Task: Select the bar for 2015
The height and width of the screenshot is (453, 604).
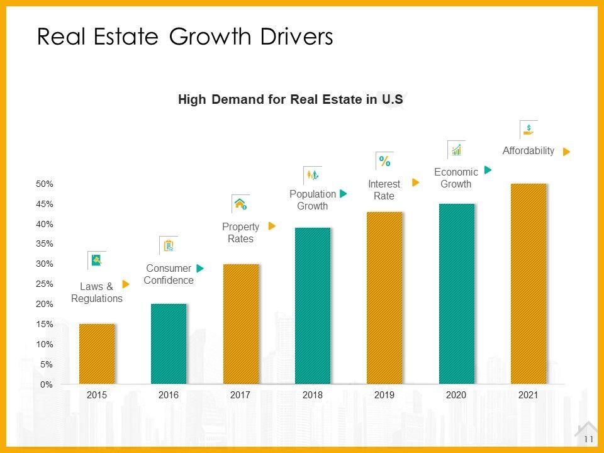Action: [97, 354]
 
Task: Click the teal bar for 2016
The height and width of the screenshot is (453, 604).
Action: [169, 344]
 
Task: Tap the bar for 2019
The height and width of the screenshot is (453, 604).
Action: [384, 298]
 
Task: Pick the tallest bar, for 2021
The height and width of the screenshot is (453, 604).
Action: [528, 283]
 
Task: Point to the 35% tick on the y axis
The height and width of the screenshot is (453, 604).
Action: [45, 244]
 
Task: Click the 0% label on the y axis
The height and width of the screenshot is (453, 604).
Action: [47, 384]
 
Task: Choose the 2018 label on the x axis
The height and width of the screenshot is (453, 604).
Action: [313, 395]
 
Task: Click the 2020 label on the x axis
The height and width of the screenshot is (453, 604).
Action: [456, 395]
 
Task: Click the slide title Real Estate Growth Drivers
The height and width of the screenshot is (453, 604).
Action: [185, 38]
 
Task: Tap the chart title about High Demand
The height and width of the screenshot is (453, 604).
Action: [290, 99]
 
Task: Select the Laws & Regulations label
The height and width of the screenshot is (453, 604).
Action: [97, 293]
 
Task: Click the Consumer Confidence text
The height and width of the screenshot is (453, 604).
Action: [169, 274]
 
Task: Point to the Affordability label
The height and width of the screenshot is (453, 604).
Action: [528, 151]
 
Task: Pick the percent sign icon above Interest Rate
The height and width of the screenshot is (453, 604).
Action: [384, 161]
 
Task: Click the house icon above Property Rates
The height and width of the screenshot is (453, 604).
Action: [240, 203]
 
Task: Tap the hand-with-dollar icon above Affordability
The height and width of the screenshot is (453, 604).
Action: [528, 130]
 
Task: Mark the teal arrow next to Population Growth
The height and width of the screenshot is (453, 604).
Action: [344, 194]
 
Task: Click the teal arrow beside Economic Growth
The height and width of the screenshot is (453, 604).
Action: [488, 170]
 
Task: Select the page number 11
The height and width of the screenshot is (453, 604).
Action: [589, 439]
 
